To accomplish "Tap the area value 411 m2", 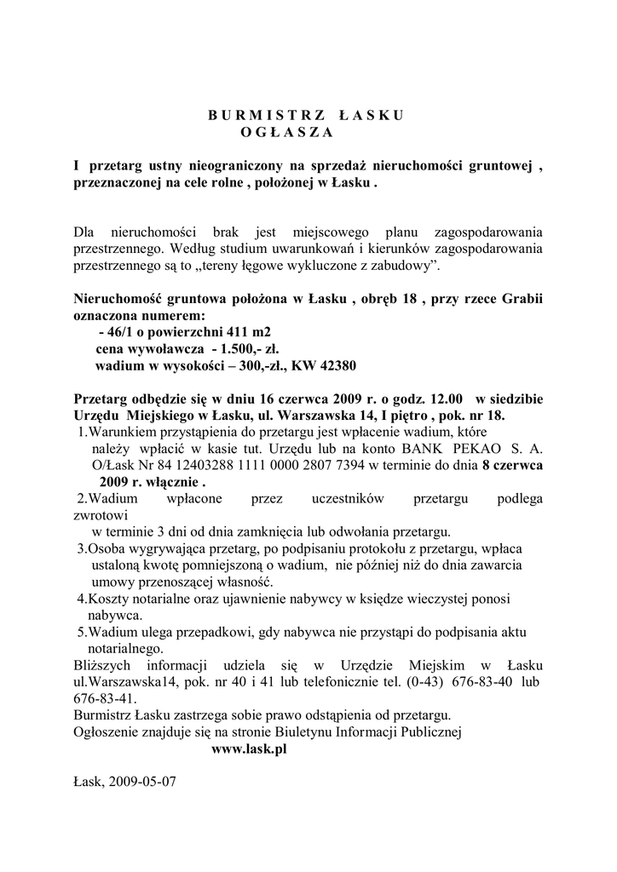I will pos(243,331).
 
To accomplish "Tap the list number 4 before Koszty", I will pos(80,599).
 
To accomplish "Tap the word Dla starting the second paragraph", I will pos(85,232).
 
